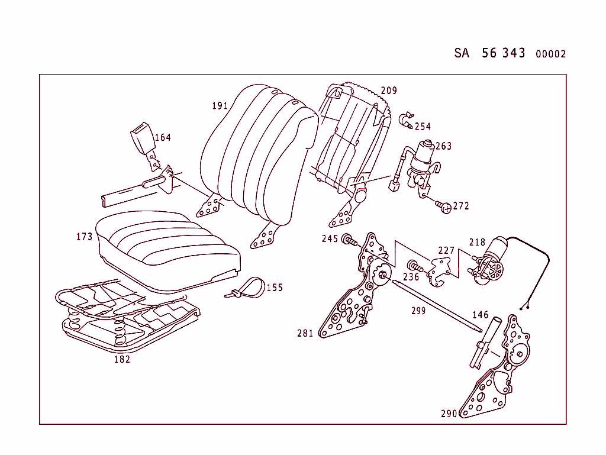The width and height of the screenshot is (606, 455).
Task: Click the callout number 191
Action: click(x=220, y=106)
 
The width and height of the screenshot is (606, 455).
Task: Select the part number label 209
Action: click(x=389, y=91)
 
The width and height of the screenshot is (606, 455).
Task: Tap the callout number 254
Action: click(x=423, y=126)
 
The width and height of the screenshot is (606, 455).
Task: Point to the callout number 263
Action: click(x=443, y=146)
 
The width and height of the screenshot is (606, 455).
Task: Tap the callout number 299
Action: click(x=418, y=311)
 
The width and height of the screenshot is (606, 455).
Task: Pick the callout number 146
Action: click(x=480, y=315)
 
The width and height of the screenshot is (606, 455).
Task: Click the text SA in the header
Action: click(x=462, y=53)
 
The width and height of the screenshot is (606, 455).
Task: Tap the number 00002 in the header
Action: click(x=550, y=54)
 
